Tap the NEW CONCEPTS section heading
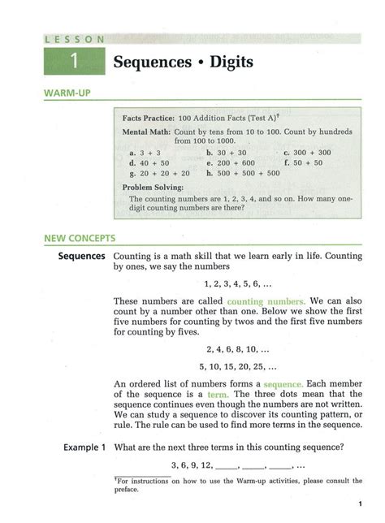[x=80, y=239]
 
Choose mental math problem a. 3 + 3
[x=145, y=153]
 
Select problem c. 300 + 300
[x=307, y=153]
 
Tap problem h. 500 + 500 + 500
[x=243, y=173]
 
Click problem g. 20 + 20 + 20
[x=159, y=173]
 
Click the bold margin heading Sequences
[x=81, y=257]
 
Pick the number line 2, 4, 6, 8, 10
[x=231, y=348]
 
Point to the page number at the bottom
[x=359, y=504]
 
